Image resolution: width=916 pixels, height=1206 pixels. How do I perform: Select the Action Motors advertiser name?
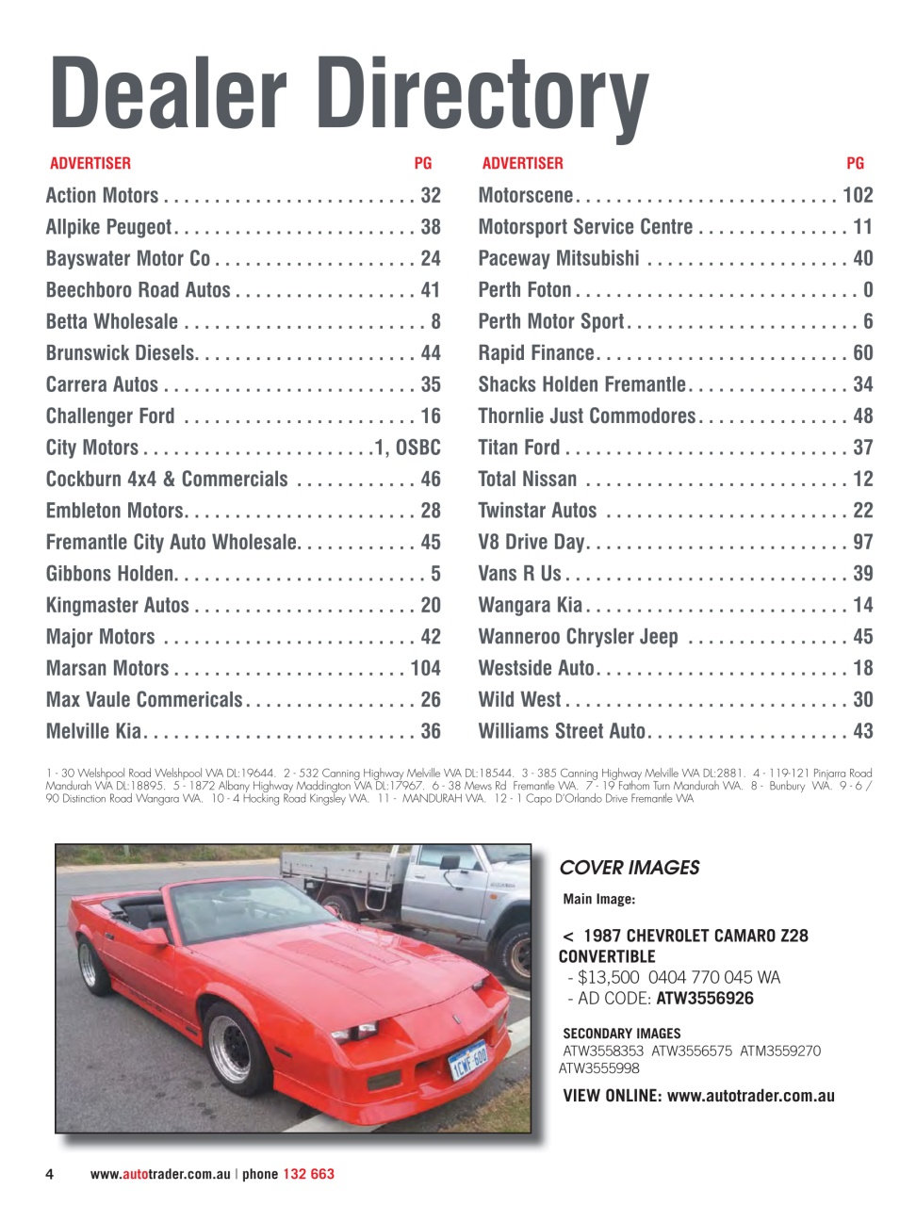102,196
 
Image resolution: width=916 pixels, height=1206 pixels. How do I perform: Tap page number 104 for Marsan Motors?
425,668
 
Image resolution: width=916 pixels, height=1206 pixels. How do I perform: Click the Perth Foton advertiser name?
525,290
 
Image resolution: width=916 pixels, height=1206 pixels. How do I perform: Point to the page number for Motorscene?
858,196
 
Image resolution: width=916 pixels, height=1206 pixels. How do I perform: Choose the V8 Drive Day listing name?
531,543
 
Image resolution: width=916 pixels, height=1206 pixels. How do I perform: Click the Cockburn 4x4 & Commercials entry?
167,480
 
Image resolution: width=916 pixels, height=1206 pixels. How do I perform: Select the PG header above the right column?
855,164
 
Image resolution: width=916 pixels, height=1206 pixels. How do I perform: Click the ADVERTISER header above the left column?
90,164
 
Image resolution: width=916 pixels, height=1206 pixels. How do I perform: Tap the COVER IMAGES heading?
630,868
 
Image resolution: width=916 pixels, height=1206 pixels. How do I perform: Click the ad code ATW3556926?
705,999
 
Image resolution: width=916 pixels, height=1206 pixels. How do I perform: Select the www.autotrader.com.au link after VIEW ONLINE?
750,1096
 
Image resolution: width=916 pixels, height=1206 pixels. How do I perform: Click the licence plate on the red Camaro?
468,1059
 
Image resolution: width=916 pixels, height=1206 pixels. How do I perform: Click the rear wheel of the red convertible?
92,964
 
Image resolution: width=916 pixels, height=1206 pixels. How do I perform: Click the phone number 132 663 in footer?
308,1174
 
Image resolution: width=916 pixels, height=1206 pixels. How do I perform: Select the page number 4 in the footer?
49,1174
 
